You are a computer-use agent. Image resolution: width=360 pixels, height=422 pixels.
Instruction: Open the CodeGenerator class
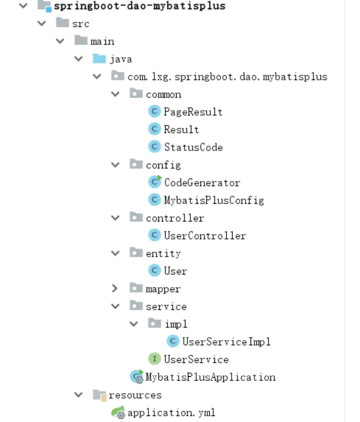[202, 183]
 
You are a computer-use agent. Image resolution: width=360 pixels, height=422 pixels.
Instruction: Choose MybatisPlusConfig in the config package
[213, 200]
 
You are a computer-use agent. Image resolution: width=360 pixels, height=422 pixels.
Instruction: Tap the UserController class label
[204, 236]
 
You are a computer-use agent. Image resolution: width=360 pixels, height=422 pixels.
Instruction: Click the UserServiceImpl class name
[226, 342]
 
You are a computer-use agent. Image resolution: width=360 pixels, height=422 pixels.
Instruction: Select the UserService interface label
[196, 360]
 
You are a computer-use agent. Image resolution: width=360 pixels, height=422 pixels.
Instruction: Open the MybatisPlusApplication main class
[210, 377]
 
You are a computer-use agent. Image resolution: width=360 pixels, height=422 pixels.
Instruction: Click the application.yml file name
[171, 413]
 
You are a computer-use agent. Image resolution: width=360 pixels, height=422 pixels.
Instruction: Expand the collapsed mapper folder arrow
[115, 289]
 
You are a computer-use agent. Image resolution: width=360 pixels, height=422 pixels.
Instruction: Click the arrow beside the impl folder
[134, 324]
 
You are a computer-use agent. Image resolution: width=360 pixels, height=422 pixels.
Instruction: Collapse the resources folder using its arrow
[78, 395]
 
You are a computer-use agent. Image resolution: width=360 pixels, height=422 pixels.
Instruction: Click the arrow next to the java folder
[78, 59]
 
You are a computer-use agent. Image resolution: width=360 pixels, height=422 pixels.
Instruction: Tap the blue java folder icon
[99, 59]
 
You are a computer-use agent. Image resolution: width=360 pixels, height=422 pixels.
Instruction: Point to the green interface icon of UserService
[155, 359]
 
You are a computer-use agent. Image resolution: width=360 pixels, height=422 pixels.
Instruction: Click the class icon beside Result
[155, 129]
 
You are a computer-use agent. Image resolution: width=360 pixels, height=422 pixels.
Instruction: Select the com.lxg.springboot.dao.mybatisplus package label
[227, 77]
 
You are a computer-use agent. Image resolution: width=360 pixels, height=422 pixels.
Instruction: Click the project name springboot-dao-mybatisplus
[131, 6]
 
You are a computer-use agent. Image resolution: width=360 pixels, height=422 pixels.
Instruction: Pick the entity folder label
[163, 253]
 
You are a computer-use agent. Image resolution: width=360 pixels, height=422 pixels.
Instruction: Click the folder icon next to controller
[136, 218]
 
